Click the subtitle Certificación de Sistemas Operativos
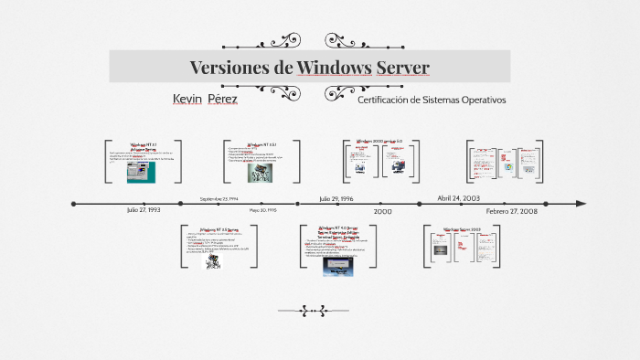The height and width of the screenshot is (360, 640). tap(432, 100)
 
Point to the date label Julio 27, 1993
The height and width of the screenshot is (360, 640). tap(144, 210)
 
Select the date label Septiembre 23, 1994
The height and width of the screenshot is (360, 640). tap(219, 198)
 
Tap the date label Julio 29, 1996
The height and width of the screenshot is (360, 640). tap(336, 198)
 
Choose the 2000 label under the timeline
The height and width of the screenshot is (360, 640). tap(382, 211)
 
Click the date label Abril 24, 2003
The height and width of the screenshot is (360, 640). tap(458, 198)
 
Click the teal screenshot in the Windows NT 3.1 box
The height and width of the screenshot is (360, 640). tap(142, 171)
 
